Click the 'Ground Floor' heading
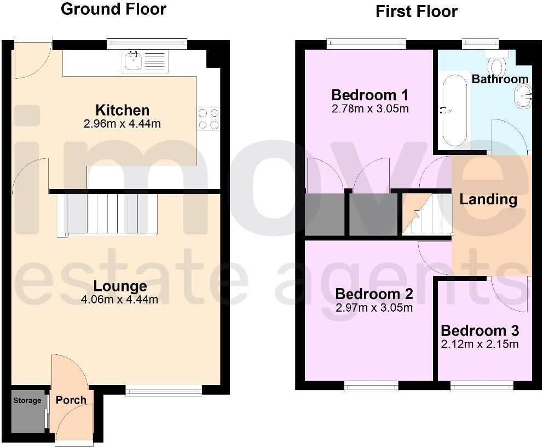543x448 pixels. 113,9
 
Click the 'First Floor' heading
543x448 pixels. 416,12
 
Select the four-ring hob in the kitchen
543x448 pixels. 209,119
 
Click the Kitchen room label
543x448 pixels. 122,110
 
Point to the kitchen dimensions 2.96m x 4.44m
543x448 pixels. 122,124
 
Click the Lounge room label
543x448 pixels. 120,286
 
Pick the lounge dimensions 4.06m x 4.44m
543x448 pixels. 120,300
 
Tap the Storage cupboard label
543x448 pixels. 27,400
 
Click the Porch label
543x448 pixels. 71,400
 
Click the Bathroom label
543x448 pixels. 500,79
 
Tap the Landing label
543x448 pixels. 488,199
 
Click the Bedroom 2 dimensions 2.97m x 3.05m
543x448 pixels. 374,308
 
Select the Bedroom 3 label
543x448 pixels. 480,331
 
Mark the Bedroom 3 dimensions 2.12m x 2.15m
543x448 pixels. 480,344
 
